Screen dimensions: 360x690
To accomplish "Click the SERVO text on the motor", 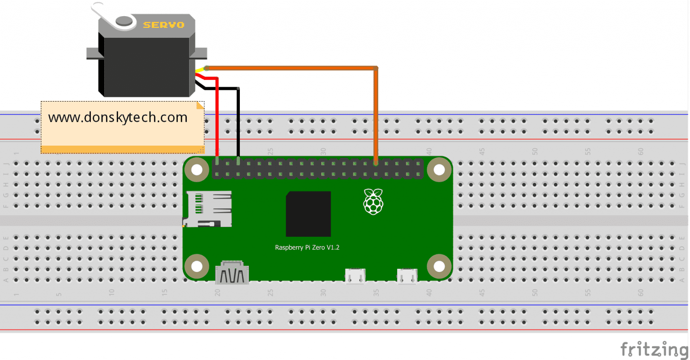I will (x=164, y=25).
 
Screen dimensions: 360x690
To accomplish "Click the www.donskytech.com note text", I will (x=118, y=117).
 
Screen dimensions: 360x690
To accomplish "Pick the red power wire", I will (x=217, y=117).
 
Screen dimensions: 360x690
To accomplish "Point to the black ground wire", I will (x=238, y=121).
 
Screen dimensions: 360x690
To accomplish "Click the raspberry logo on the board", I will (x=373, y=201).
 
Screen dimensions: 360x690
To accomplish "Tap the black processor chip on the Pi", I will (x=308, y=214).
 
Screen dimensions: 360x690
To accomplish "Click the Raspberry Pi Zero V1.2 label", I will (x=307, y=247).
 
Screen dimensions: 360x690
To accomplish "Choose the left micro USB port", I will (x=355, y=276).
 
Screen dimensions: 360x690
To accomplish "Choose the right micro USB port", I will (x=407, y=276).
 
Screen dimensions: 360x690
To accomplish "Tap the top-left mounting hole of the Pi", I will (x=197, y=169).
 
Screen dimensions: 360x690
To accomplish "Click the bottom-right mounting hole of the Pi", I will (x=439, y=267).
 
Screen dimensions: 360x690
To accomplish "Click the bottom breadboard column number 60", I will (x=641, y=292).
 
